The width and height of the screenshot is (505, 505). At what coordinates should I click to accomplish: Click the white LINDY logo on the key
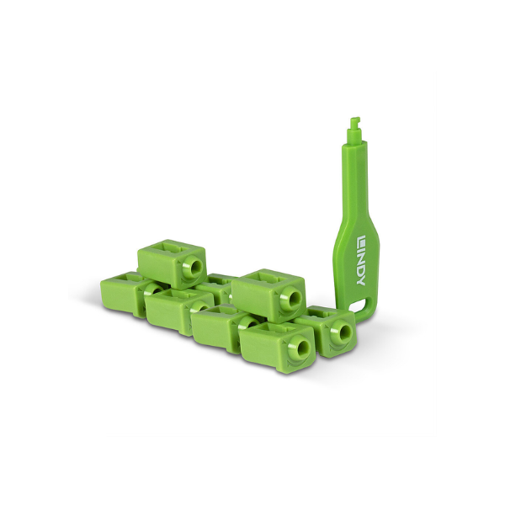pos(361,262)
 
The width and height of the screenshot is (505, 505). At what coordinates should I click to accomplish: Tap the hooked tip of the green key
pos(354,121)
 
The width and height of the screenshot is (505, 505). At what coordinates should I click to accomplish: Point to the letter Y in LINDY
pos(361,281)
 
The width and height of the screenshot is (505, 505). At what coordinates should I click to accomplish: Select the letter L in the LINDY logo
pos(361,242)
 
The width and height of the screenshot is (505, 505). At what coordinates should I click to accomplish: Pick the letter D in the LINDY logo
pos(361,271)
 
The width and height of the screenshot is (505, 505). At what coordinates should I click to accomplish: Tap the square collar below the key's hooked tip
pos(354,134)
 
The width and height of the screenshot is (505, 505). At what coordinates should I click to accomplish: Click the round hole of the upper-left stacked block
pos(195,267)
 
